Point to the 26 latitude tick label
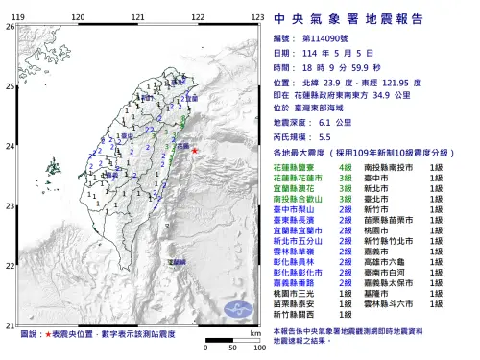tap(11, 26)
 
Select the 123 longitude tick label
tap(257, 18)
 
